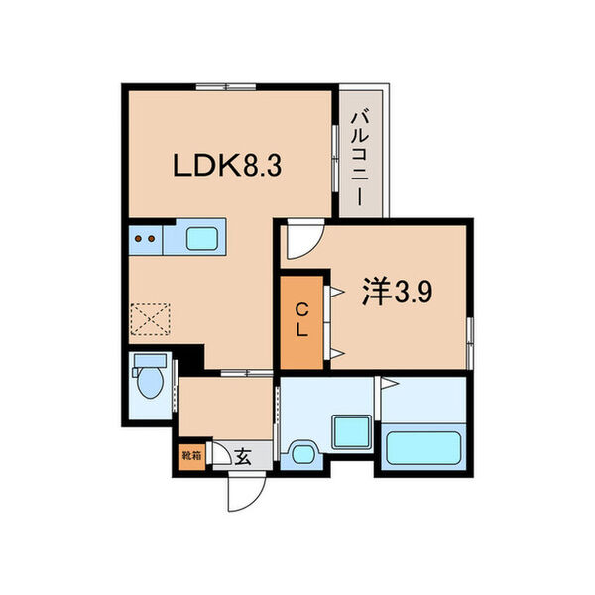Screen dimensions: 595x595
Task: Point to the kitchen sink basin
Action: coord(206,238)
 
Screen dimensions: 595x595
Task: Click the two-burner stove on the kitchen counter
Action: coord(145,238)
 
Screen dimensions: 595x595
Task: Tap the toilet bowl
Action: coord(150,387)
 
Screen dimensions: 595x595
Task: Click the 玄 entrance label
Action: coord(242,456)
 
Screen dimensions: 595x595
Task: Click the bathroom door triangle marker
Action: coord(389,383)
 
